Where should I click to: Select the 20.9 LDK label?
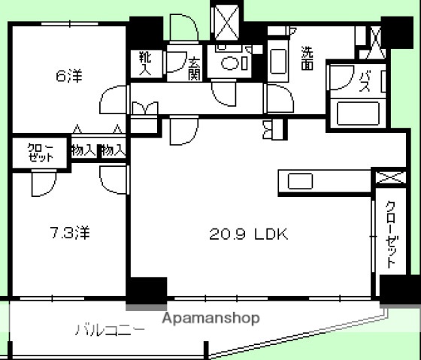tap(248, 234)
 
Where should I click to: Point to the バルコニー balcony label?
tap(110, 329)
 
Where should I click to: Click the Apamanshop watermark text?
tap(212, 318)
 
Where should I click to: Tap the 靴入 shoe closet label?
tap(145, 63)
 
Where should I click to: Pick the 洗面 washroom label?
tap(308, 59)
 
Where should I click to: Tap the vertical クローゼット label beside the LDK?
tap(391, 234)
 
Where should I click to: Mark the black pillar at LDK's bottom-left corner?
tap(146, 292)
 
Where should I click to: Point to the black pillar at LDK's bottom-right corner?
tap(396, 289)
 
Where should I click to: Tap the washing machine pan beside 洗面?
tap(278, 63)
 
